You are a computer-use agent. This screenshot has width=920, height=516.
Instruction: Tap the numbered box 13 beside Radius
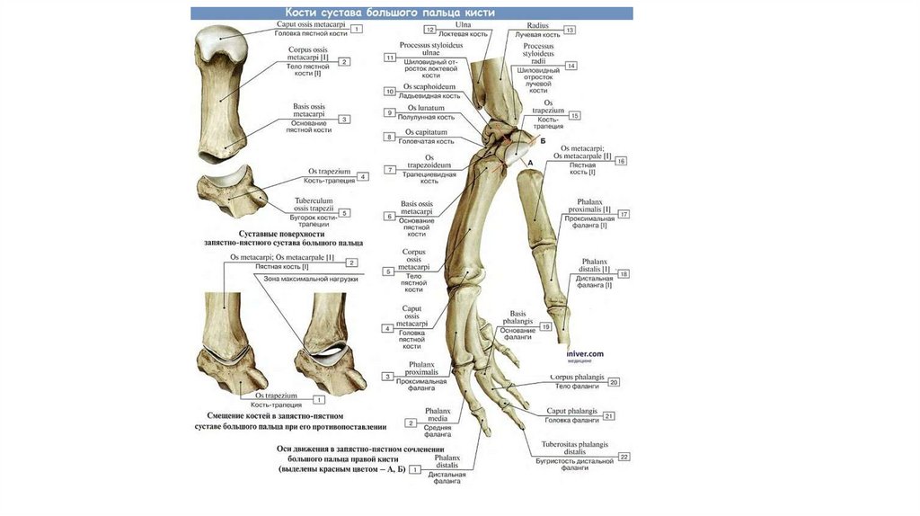(x=569, y=31)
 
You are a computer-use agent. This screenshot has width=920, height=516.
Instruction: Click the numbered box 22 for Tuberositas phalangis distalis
(x=624, y=457)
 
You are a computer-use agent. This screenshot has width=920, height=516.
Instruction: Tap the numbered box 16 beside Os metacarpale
(x=621, y=161)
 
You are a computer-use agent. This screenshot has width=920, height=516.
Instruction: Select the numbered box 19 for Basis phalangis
(x=544, y=327)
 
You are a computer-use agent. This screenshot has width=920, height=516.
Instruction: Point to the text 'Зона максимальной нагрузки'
(x=311, y=279)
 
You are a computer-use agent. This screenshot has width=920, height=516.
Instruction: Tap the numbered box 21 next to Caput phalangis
(x=608, y=416)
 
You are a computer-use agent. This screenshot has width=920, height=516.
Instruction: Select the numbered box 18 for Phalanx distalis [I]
(x=624, y=273)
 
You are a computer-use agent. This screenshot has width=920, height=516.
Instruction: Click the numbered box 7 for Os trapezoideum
(x=390, y=170)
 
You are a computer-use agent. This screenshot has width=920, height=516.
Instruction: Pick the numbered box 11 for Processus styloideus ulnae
(x=390, y=58)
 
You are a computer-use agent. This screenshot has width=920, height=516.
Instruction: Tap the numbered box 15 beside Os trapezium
(x=575, y=115)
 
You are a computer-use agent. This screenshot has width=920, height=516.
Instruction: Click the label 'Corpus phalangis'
(x=574, y=378)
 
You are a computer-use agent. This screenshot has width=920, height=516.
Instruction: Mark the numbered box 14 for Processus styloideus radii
(x=571, y=66)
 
